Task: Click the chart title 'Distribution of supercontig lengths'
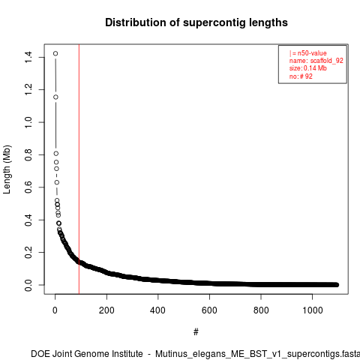click(196, 22)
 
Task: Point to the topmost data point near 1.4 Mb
click(55, 53)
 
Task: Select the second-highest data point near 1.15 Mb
click(55, 97)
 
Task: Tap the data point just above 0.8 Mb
click(56, 153)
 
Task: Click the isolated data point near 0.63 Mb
click(57, 182)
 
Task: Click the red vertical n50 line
click(79, 169)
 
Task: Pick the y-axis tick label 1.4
click(28, 57)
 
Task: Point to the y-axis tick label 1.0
click(28, 122)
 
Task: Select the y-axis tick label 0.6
click(28, 187)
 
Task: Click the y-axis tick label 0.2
click(28, 252)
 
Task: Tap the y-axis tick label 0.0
click(28, 285)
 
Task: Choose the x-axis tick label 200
click(106, 310)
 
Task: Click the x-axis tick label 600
click(209, 310)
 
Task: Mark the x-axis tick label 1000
click(312, 310)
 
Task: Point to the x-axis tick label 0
click(55, 310)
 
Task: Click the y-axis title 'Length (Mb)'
click(7, 169)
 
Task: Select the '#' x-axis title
click(196, 332)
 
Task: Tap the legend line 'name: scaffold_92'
click(316, 61)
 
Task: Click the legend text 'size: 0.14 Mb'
click(308, 68)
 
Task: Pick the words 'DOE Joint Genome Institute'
click(87, 354)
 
